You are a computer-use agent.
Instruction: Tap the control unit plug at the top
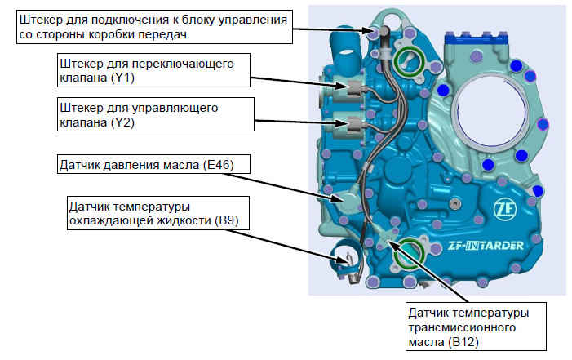[382, 32]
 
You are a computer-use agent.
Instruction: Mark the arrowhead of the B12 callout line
[390, 238]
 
